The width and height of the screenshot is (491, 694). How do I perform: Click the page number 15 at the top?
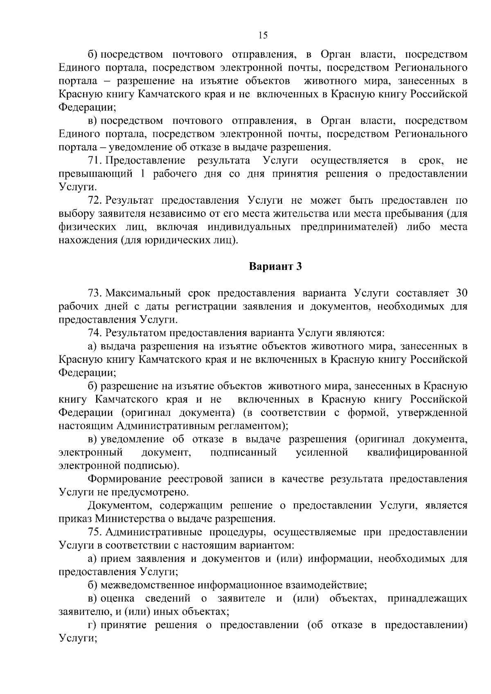pyautogui.click(x=263, y=35)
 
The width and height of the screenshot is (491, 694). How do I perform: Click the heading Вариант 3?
pyautogui.click(x=275, y=267)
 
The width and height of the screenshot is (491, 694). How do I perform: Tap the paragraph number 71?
pyautogui.click(x=94, y=160)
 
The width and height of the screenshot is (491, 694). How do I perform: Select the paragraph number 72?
pyautogui.click(x=94, y=200)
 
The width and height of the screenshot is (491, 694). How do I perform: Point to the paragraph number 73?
pyautogui.click(x=94, y=293)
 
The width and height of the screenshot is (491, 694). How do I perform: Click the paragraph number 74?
pyautogui.click(x=94, y=333)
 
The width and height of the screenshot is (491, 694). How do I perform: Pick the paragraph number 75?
pyautogui.click(x=94, y=532)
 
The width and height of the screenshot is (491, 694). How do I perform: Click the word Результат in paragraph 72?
pyautogui.click(x=129, y=200)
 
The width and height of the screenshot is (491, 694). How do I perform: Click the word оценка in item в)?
pyautogui.click(x=117, y=599)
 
